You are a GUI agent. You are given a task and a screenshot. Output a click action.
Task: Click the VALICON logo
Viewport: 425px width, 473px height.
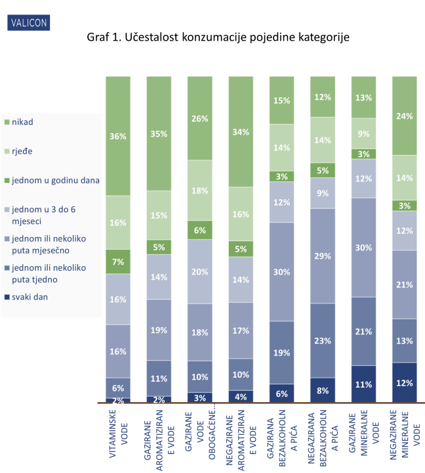click(x=28, y=23)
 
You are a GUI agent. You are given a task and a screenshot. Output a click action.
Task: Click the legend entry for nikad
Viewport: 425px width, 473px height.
click(x=20, y=122)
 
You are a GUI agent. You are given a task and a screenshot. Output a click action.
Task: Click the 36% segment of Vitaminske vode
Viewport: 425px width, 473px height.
click(x=118, y=136)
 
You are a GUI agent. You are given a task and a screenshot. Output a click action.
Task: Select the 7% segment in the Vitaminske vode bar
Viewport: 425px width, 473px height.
click(x=118, y=261)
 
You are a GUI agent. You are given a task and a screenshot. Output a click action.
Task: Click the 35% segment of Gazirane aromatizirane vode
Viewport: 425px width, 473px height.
click(x=159, y=133)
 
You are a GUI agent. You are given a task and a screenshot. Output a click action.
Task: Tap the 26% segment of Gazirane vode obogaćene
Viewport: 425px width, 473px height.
click(x=200, y=118)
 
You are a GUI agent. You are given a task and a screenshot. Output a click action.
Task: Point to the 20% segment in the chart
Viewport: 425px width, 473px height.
click(x=200, y=272)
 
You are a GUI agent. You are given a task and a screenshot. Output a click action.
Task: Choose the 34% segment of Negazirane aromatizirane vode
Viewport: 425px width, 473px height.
click(x=241, y=132)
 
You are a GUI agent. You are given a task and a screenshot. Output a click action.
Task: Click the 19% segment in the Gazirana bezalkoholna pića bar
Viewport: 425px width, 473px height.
click(x=282, y=352)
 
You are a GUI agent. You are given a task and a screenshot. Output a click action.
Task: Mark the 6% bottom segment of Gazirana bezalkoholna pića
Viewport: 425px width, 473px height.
click(x=282, y=393)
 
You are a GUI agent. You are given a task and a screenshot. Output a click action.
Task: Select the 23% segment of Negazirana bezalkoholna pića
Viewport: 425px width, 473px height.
click(x=323, y=340)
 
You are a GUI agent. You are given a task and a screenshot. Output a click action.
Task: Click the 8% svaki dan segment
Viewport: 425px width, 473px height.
click(x=323, y=390)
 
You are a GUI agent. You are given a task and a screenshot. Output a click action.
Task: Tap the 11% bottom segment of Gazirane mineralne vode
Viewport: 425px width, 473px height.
click(x=364, y=384)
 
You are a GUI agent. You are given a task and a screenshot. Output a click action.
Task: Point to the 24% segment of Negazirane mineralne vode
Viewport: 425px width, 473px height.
click(x=405, y=116)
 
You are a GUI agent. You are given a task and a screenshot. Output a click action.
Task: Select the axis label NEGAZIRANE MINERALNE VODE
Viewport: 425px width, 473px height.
click(x=405, y=436)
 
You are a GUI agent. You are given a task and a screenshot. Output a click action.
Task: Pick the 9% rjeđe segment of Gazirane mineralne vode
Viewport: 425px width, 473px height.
click(x=364, y=133)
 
